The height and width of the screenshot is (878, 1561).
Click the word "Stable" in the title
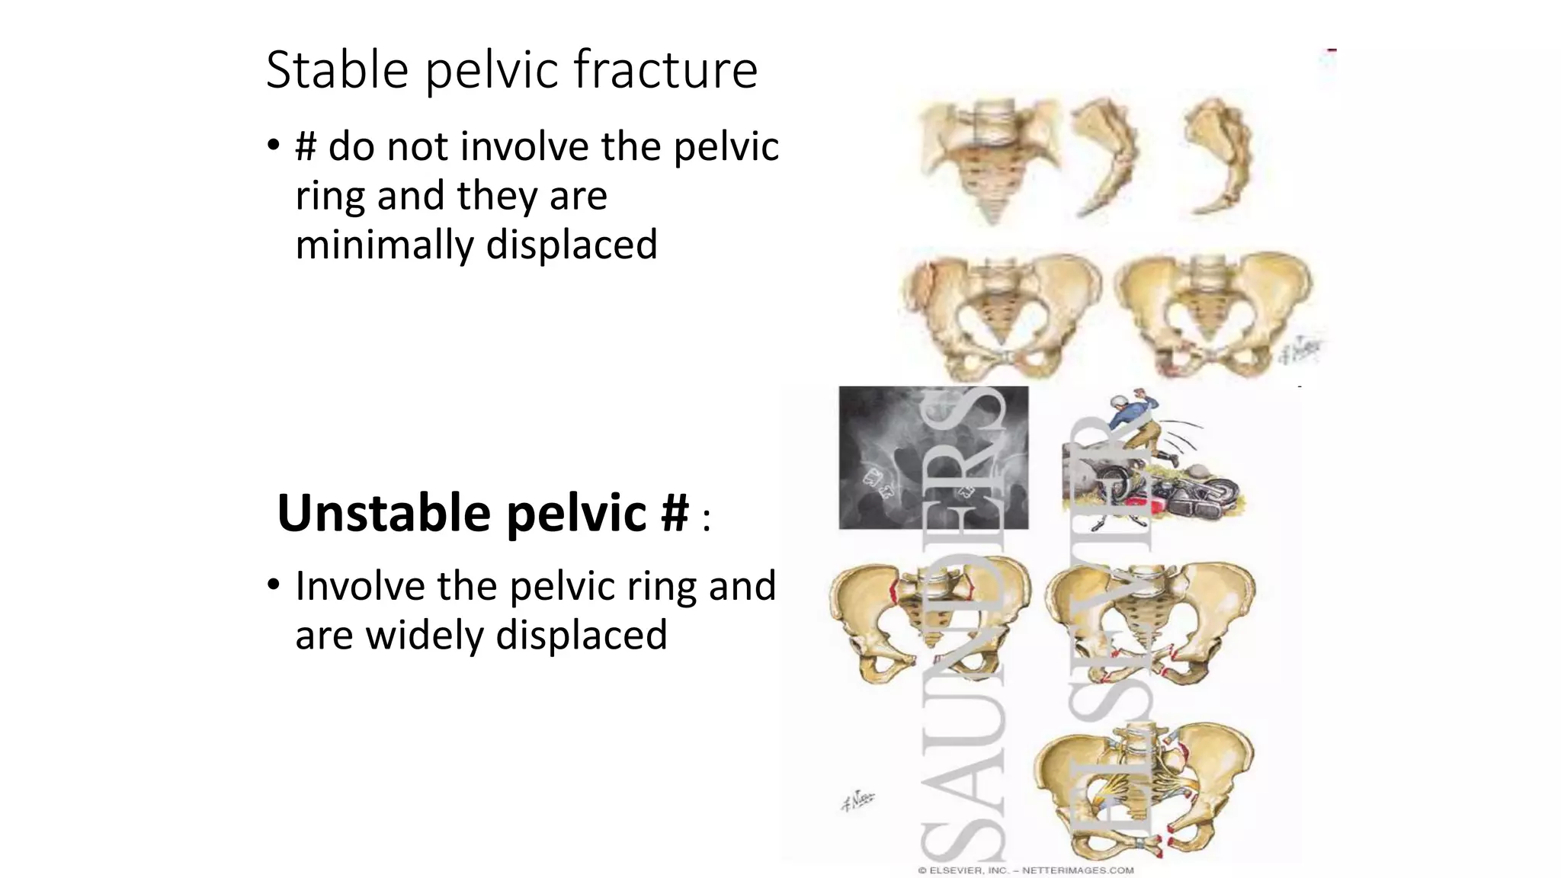click(x=337, y=70)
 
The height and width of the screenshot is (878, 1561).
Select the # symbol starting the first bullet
click(x=305, y=146)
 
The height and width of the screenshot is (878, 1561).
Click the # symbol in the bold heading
click(x=675, y=513)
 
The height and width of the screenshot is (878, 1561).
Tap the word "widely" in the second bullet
click(x=425, y=636)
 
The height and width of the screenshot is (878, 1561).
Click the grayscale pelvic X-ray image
click(x=933, y=457)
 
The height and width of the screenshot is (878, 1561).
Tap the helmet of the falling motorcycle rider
click(x=1118, y=402)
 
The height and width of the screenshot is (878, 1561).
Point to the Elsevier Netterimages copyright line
click(x=1025, y=870)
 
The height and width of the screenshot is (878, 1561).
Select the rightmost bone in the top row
click(x=1219, y=156)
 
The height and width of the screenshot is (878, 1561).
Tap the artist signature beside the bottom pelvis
click(x=857, y=800)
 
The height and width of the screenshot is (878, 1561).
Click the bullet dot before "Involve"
click(x=273, y=585)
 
